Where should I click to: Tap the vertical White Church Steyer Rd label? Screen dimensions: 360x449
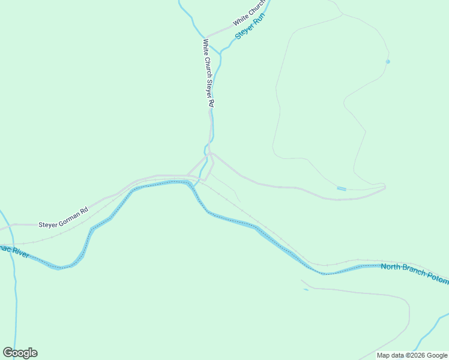(208, 73)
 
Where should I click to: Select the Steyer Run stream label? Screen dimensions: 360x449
(250, 27)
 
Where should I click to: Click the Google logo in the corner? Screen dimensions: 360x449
(20, 352)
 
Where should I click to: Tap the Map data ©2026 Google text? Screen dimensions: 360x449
(412, 355)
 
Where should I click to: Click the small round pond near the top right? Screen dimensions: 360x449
(388, 61)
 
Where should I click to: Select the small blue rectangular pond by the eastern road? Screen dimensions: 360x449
(341, 189)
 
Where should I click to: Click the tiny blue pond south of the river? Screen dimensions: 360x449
(306, 290)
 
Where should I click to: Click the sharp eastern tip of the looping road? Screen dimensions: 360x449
(385, 187)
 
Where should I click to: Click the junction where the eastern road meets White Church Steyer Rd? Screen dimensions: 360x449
(211, 154)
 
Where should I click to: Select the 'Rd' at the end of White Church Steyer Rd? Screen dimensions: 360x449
(211, 103)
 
